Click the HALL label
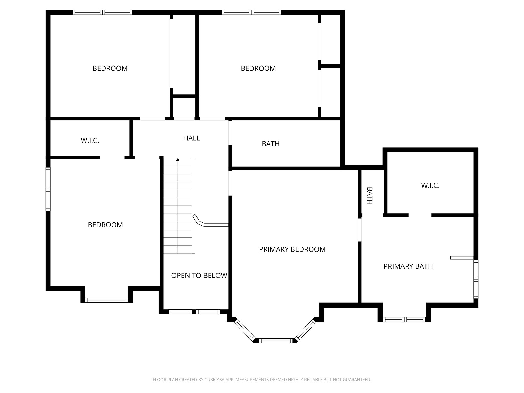click(192, 138)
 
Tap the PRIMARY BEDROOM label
click(292, 249)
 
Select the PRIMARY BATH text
click(408, 266)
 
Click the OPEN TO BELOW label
click(199, 275)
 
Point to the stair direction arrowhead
click(178, 160)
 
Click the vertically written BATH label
click(369, 196)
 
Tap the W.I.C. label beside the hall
click(90, 140)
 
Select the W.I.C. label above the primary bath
click(430, 185)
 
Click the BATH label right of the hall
click(270, 144)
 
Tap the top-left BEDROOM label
click(110, 68)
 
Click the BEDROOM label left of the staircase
click(105, 225)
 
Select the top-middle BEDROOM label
click(258, 68)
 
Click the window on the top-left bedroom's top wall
click(102, 12)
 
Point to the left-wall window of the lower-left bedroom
click(48, 189)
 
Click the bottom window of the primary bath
click(404, 319)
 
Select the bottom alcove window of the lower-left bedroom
click(106, 300)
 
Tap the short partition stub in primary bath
click(462, 258)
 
